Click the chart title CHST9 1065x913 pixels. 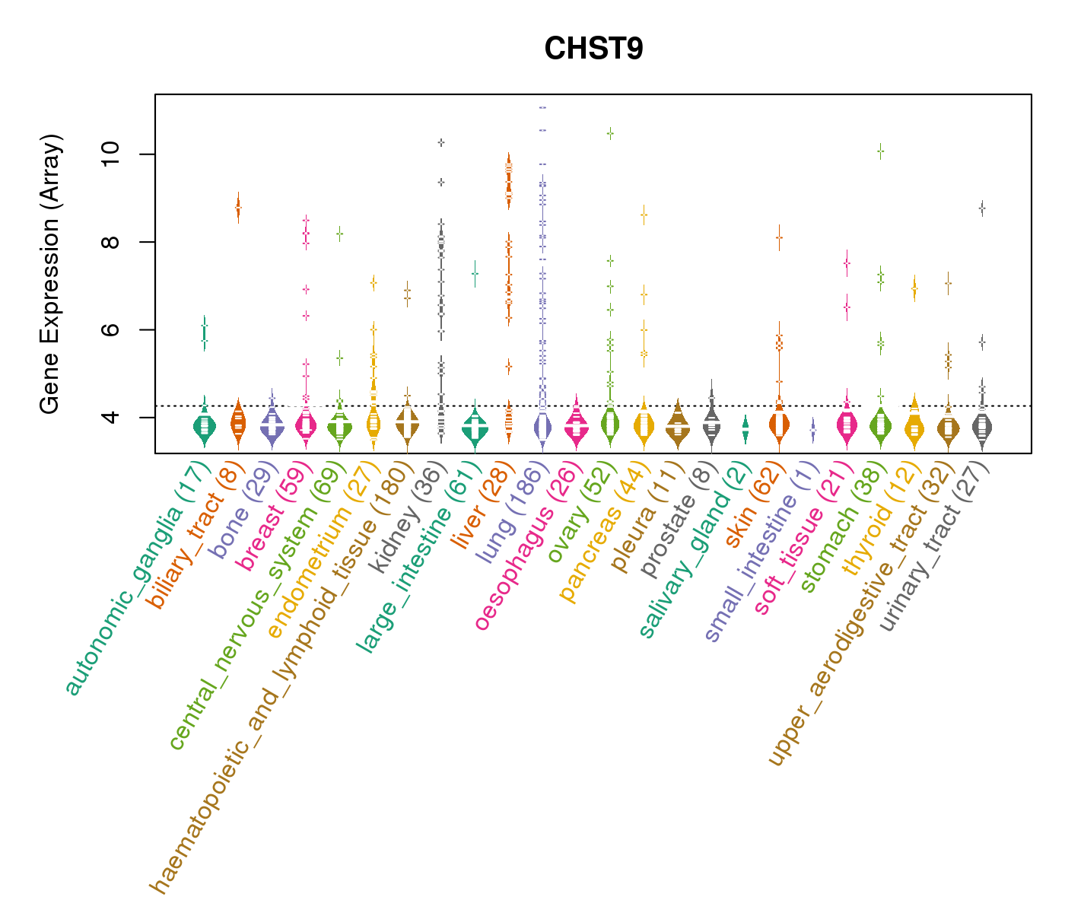pos(593,49)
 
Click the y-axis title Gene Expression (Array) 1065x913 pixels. pos(50,275)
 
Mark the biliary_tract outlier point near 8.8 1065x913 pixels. pos(238,206)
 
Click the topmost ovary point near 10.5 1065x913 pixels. pos(610,133)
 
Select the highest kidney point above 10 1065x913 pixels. pos(440,142)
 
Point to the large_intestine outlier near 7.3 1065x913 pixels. pos(475,273)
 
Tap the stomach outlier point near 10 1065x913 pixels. pos(880,151)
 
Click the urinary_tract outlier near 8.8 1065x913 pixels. pos(982,208)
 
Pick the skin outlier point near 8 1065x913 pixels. pos(779,237)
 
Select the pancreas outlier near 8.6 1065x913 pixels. pos(644,215)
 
